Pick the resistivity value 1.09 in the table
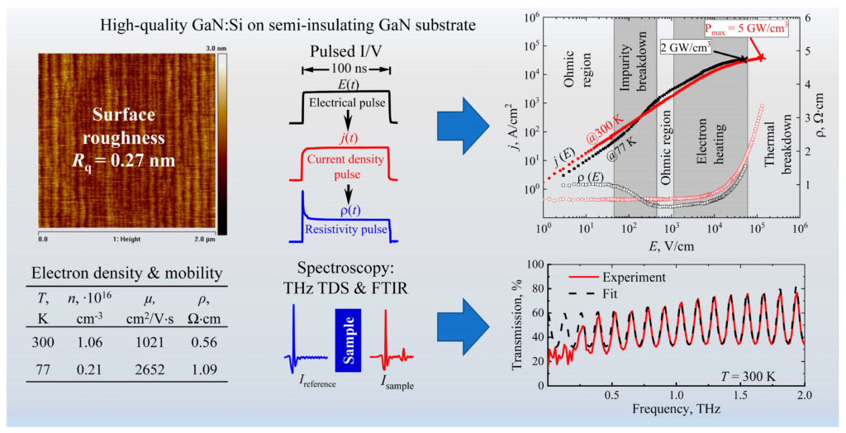click(x=205, y=370)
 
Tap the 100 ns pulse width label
click(x=346, y=70)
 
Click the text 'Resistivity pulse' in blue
click(x=346, y=229)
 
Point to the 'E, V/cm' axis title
click(x=672, y=246)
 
